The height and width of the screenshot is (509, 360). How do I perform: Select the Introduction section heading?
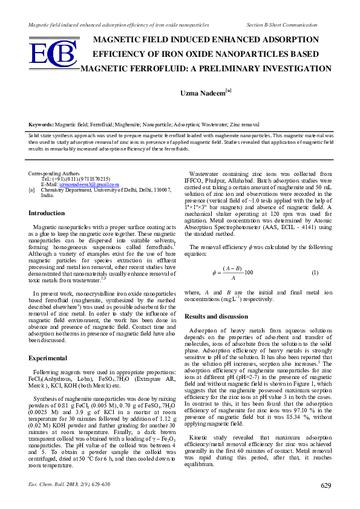[47, 213]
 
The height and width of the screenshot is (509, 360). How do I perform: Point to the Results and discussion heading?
[216, 316]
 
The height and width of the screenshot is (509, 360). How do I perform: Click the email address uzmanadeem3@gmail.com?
[89, 184]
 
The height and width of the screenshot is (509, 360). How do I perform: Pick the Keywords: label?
[41, 123]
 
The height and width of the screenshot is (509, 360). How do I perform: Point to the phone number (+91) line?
[76, 179]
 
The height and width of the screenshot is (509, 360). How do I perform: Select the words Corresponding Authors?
[54, 173]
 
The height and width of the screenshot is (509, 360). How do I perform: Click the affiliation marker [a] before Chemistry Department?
[32, 189]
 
